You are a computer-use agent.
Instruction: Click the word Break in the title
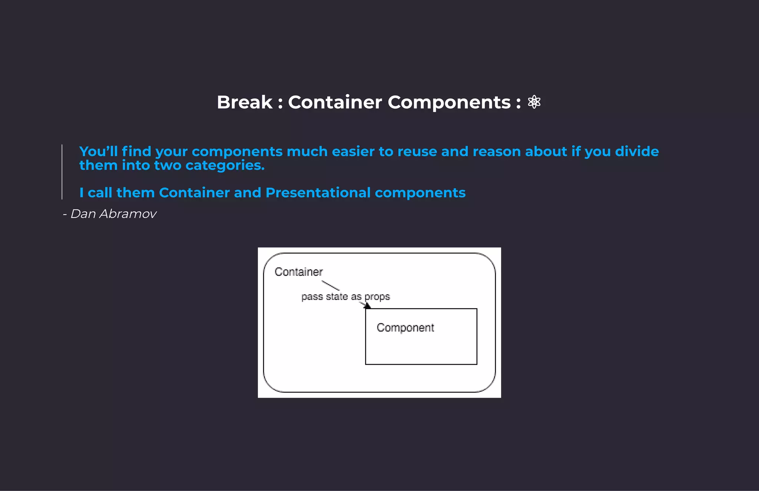(x=245, y=102)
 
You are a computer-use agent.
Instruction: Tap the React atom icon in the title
(x=534, y=102)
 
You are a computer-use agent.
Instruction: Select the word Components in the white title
(x=449, y=102)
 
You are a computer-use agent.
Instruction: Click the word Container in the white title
(x=335, y=102)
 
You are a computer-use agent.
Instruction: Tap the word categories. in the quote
(x=225, y=166)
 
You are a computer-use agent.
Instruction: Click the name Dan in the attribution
(x=83, y=214)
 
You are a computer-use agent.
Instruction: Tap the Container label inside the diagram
(x=298, y=272)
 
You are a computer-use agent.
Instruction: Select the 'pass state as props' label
(x=345, y=297)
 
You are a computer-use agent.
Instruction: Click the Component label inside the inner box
(x=405, y=328)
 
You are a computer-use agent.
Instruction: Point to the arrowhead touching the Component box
(x=367, y=306)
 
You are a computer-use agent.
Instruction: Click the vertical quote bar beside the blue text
(x=62, y=172)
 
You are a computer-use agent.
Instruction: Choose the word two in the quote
(x=168, y=165)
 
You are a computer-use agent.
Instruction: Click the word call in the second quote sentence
(x=100, y=193)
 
